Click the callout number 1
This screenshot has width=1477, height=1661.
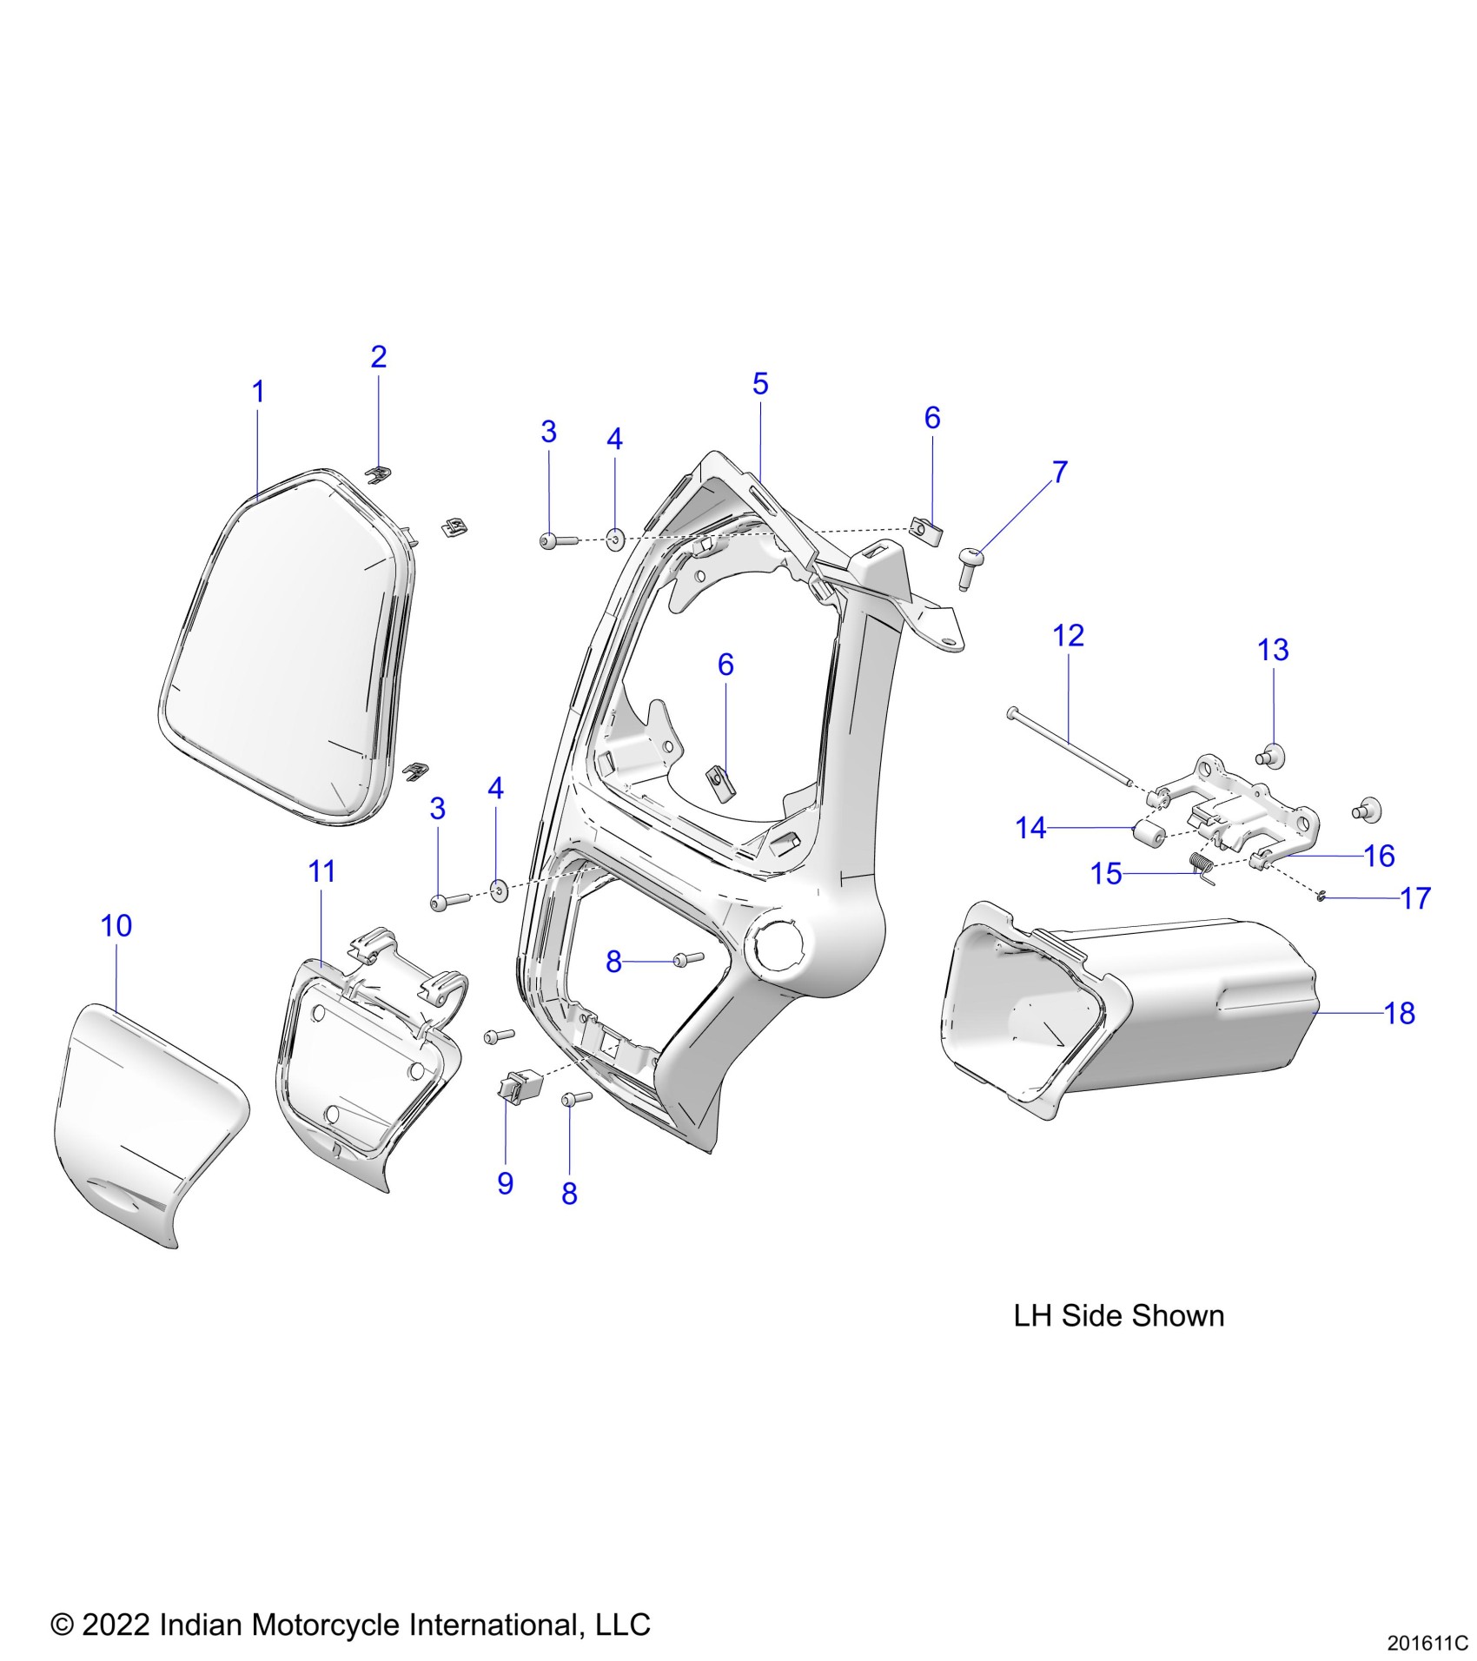click(x=258, y=392)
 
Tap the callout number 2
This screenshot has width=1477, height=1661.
click(x=379, y=356)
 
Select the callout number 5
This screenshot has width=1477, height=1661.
click(x=760, y=383)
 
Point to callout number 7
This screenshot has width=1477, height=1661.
click(x=1060, y=472)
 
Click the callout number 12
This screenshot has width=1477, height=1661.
click(x=1068, y=635)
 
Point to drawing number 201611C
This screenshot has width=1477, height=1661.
click(x=1427, y=1644)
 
